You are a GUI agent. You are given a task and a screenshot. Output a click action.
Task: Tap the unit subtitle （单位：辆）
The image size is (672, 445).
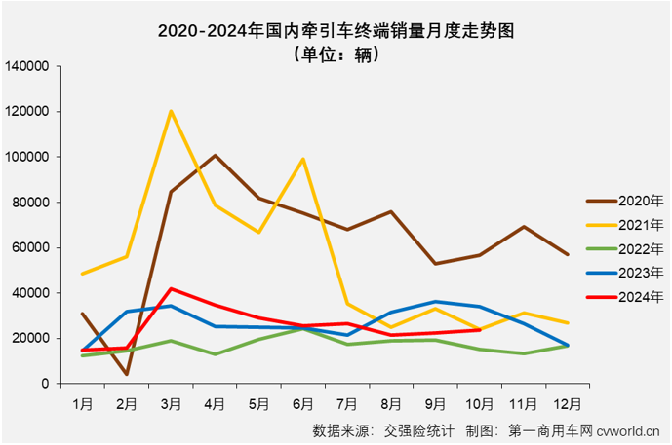(336, 55)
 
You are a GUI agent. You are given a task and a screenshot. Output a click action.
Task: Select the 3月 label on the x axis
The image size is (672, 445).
(171, 400)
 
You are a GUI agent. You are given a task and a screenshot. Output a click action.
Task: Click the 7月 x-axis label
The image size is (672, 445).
(346, 400)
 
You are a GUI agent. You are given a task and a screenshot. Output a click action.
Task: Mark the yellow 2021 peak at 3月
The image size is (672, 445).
(171, 111)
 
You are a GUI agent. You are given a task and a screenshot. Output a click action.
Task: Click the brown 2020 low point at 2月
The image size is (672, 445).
(127, 374)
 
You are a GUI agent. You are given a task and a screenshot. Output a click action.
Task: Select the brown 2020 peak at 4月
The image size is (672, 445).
(215, 156)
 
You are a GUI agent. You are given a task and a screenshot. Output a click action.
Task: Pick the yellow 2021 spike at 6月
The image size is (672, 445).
(303, 159)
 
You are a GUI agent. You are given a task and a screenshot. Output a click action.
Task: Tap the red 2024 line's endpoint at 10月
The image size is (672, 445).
(479, 330)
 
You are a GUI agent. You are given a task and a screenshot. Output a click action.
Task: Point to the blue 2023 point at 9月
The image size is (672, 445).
(435, 302)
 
